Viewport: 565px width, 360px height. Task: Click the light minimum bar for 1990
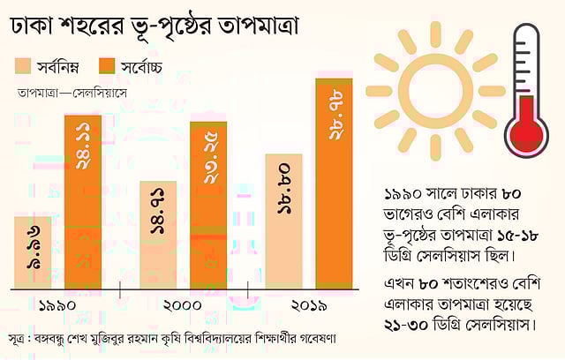tap(33, 252)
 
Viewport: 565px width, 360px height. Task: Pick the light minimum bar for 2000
tap(158, 235)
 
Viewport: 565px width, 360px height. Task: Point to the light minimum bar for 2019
tap(284, 221)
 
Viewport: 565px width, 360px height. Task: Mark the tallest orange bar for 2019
tap(335, 183)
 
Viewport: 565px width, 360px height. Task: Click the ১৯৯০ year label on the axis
tap(56, 305)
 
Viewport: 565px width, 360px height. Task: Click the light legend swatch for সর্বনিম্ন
tap(25, 65)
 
